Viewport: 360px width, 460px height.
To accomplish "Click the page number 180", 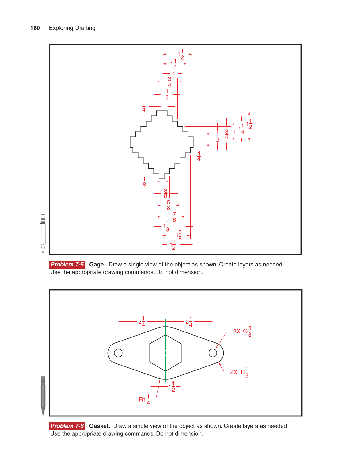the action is (35, 28).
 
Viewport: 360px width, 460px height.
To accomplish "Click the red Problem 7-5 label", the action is (67, 264).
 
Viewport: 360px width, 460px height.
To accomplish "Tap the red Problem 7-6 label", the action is (67, 426).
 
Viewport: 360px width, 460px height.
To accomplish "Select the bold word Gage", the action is (97, 265).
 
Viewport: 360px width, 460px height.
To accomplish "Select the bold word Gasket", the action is (100, 426).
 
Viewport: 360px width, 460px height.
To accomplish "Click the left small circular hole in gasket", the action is (118, 353).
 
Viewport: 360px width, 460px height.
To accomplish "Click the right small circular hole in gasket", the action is (213, 353).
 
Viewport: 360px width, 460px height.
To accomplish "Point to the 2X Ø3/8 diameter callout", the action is (242, 331).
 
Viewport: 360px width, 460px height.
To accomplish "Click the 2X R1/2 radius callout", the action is (239, 372).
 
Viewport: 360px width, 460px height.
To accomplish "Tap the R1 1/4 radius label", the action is (144, 399).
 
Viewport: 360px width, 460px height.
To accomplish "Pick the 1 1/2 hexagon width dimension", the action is (172, 387).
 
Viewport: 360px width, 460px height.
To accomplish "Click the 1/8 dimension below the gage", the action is (144, 182).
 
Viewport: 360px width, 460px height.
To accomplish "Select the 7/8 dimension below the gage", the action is (174, 217).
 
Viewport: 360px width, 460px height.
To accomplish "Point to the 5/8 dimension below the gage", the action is (168, 205).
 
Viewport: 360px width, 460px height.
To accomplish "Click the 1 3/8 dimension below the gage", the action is (179, 235).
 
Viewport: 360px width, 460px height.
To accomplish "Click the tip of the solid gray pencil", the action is (43, 416).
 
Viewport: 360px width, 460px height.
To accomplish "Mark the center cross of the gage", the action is (162, 142).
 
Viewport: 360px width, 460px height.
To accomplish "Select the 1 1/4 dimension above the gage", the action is (174, 64).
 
